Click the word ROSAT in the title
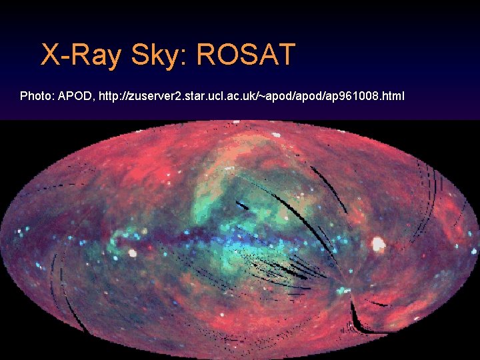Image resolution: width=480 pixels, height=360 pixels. [x=245, y=55]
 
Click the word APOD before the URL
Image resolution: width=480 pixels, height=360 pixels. [x=75, y=96]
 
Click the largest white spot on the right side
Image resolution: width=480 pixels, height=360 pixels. [x=379, y=244]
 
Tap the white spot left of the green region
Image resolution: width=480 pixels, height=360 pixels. [x=133, y=253]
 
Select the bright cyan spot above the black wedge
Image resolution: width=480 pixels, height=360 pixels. [x=344, y=291]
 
